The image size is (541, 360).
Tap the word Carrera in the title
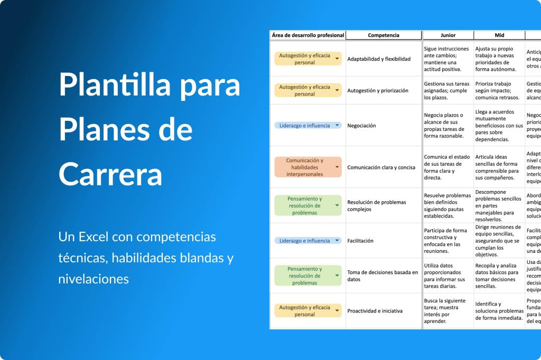[x=110, y=174]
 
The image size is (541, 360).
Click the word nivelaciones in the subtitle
[x=94, y=279]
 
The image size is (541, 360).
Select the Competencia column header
[x=384, y=35]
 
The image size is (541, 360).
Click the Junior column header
[x=447, y=35]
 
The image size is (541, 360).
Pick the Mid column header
[x=499, y=35]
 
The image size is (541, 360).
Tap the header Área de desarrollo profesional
[x=307, y=35]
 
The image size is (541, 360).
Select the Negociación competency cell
[x=362, y=126]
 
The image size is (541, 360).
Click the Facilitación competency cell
[x=360, y=241]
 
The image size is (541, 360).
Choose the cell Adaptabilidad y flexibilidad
[x=379, y=59]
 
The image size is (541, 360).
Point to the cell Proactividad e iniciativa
[x=375, y=311]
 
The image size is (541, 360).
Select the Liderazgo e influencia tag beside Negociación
[x=304, y=126]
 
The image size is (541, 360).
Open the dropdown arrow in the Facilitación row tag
[x=337, y=241]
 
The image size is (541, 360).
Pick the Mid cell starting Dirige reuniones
[x=498, y=241]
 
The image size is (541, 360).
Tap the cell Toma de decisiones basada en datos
[x=383, y=276]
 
